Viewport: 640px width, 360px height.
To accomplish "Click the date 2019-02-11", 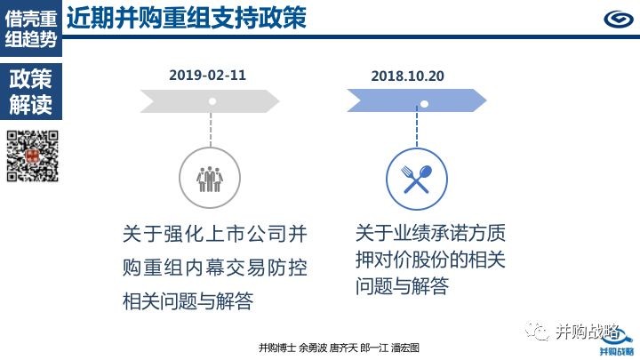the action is (x=207, y=75).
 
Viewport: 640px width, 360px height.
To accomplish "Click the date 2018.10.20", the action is (x=407, y=76).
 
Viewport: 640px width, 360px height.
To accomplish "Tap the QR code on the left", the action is (x=33, y=156).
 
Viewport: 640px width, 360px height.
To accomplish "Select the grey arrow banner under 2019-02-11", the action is (x=210, y=101).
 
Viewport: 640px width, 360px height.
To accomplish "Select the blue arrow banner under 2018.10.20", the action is (x=416, y=100).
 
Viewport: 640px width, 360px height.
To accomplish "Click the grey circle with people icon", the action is (x=210, y=178).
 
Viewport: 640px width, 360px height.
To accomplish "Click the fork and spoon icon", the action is (x=416, y=179).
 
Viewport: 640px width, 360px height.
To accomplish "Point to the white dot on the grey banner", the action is (x=212, y=101).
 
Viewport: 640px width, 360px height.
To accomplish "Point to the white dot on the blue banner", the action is (x=425, y=104).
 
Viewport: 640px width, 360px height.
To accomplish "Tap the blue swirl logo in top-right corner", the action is (x=618, y=19).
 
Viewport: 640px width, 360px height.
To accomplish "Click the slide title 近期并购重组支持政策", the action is (x=187, y=18).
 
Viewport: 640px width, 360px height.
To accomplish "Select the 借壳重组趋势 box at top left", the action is (x=31, y=28).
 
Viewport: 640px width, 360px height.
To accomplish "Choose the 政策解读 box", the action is (x=31, y=92).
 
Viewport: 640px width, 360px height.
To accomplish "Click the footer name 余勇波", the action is (x=313, y=348).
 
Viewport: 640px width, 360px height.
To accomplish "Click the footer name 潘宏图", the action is (x=405, y=348).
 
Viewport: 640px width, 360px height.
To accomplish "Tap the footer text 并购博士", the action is (x=276, y=348).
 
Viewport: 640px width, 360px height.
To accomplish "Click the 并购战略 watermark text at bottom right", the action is (x=587, y=332).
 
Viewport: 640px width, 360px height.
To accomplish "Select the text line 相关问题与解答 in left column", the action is (x=188, y=301).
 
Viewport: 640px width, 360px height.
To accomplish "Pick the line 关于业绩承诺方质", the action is (x=430, y=233).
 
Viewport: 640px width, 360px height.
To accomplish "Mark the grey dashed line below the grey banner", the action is (x=211, y=130).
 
